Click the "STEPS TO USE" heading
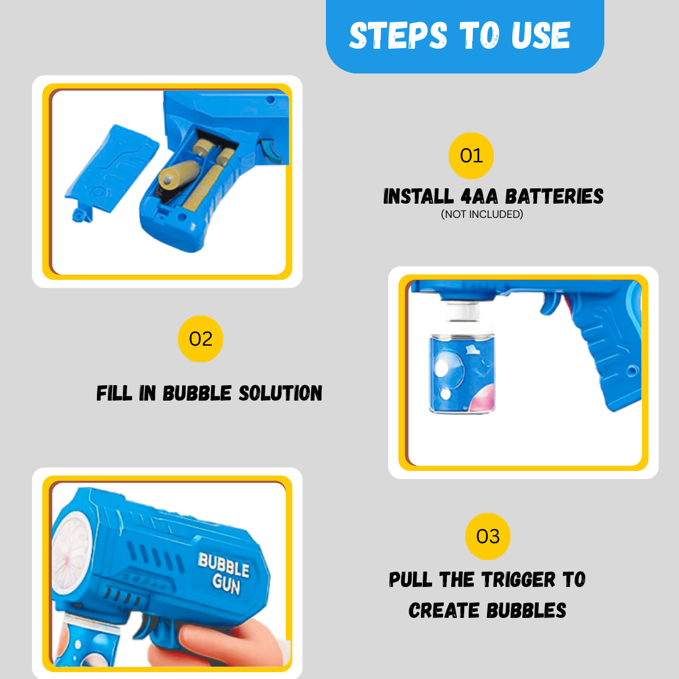(x=460, y=35)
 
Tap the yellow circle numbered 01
(x=471, y=156)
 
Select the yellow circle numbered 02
(x=201, y=339)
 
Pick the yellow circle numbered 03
(x=488, y=536)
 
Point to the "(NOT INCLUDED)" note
(x=482, y=214)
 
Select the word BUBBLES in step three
(x=526, y=610)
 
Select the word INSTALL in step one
(x=418, y=196)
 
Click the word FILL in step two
(x=114, y=393)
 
